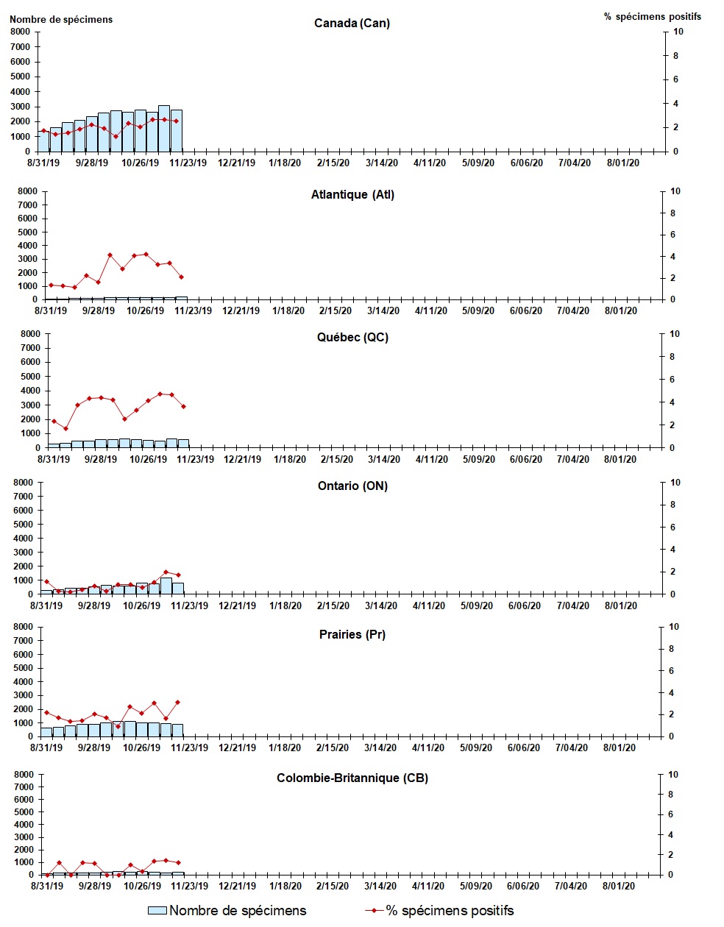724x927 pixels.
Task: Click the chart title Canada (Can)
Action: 352,23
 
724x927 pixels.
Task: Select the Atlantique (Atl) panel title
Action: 352,195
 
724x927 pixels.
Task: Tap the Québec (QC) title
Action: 352,338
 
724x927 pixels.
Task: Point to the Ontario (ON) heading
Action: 352,486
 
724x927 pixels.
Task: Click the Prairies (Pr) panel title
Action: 352,634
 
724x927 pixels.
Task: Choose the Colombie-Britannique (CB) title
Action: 352,778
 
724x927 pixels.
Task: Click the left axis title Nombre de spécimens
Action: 61,19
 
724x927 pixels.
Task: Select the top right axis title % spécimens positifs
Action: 652,16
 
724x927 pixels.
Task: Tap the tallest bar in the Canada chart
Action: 164,129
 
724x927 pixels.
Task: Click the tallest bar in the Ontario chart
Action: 166,586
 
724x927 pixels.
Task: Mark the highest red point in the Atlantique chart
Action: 146,254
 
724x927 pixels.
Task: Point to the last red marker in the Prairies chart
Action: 178,702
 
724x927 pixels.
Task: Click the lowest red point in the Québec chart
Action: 65,428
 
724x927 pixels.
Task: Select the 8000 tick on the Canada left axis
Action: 21,32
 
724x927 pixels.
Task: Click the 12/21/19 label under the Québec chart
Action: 242,460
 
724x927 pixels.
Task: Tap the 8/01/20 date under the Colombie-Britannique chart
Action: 619,887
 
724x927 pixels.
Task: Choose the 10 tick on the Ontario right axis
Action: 675,483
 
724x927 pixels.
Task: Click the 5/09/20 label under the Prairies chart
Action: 476,748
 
